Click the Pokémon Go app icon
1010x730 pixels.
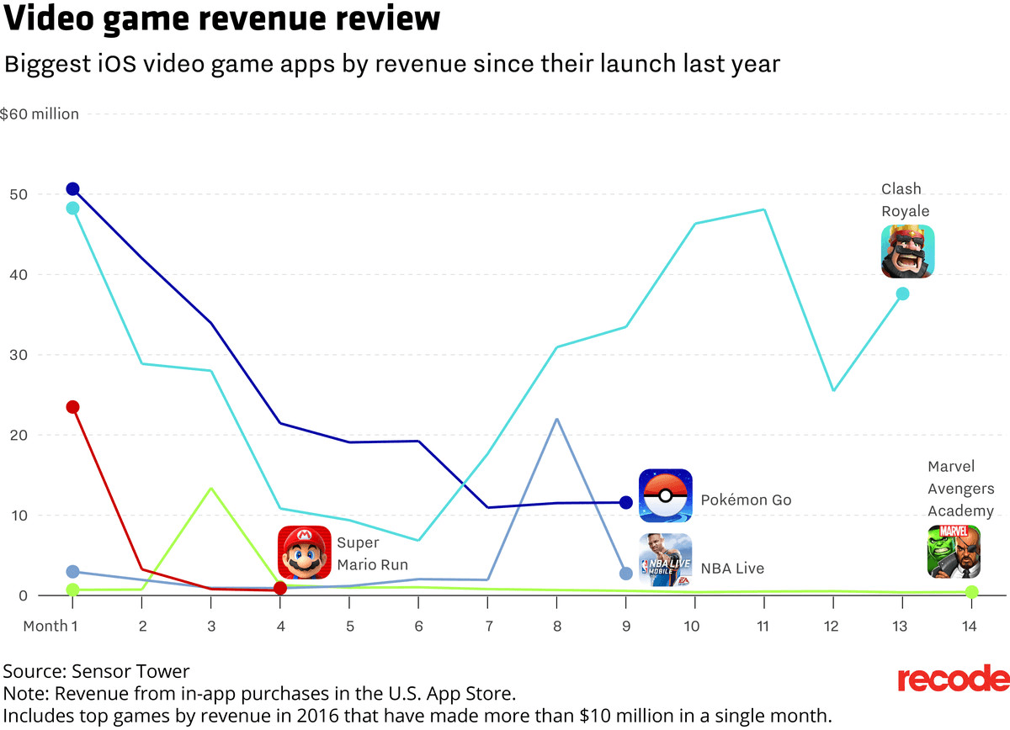665,495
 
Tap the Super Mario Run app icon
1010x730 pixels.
305,552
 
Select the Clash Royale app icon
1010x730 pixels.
907,251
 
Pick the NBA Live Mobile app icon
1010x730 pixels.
665,560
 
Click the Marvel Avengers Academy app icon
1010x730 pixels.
954,552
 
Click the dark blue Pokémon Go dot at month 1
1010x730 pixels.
72,189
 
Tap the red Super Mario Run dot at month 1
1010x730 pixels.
72,407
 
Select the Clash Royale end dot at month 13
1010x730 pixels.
902,294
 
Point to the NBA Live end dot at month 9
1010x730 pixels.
626,574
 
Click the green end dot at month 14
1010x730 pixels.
971,592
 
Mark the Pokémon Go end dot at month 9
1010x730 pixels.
626,502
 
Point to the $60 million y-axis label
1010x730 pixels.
40,114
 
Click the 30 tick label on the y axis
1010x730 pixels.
19,355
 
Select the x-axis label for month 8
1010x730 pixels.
557,626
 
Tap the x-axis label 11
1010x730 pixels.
763,626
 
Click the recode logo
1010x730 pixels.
953,679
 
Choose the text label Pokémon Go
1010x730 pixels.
747,500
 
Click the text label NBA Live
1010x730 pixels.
733,569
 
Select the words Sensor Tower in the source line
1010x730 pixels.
130,671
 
